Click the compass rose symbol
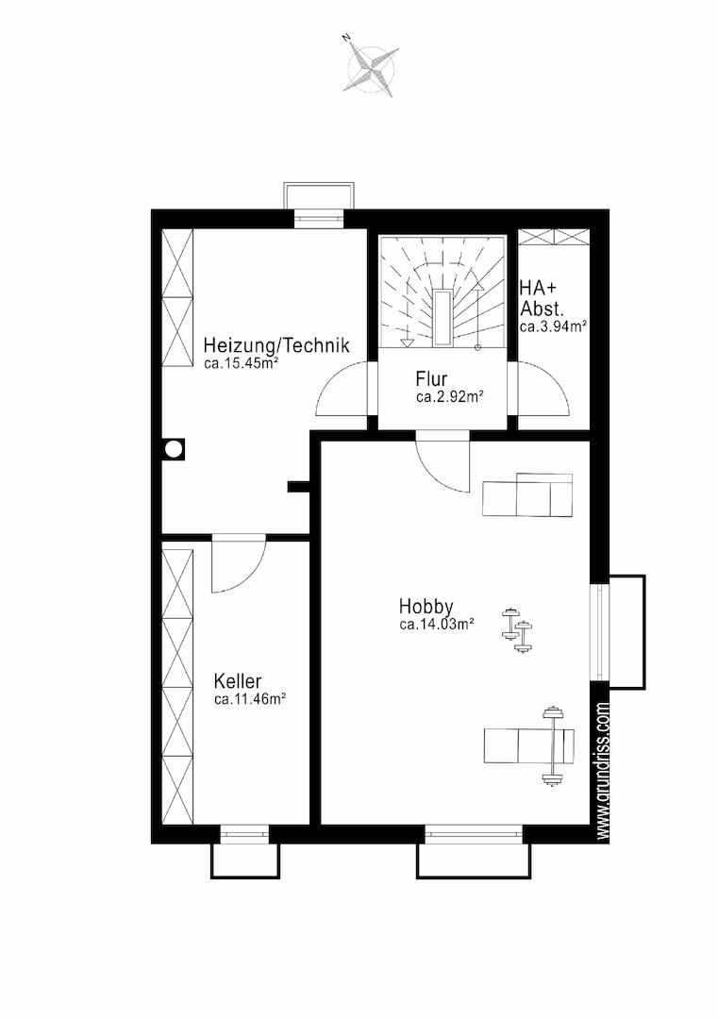point(373,65)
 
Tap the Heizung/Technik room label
point(276,344)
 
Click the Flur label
point(431,378)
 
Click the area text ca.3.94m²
point(553,326)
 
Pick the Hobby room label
point(426,607)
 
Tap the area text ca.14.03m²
point(436,626)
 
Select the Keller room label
point(238,681)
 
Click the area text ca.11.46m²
point(251,700)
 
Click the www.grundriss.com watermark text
point(602,770)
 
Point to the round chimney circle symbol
point(174,449)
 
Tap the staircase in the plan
point(442,292)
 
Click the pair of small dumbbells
point(517,629)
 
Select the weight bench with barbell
point(529,746)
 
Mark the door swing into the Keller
point(239,562)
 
